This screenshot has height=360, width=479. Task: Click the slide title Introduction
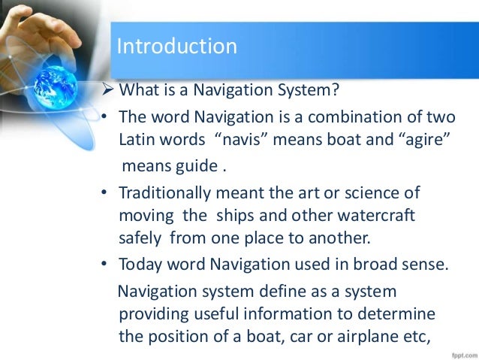(x=176, y=47)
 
